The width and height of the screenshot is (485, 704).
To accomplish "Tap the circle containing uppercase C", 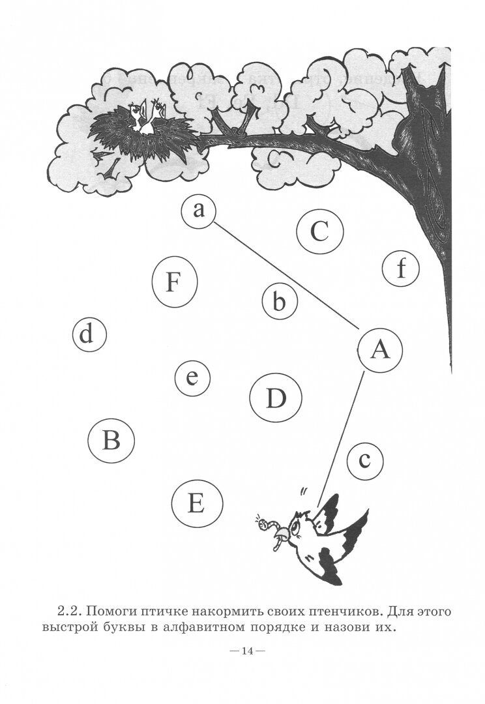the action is click(x=319, y=231).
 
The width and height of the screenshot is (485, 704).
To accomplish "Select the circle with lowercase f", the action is click(x=400, y=269).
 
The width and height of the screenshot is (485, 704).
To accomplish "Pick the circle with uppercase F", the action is click(x=174, y=283).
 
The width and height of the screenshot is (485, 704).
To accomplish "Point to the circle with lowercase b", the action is click(x=280, y=302).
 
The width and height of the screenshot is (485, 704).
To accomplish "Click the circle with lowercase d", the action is click(x=89, y=335).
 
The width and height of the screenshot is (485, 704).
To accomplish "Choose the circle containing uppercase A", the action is click(x=379, y=350).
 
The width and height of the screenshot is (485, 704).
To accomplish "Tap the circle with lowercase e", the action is click(x=192, y=378).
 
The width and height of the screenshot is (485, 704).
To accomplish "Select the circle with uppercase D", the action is click(x=276, y=398).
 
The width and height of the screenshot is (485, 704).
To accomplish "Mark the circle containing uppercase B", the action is click(x=111, y=441).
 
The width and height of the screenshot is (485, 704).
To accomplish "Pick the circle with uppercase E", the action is click(x=197, y=503).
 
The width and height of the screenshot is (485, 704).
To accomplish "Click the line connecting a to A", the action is click(x=287, y=274).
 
